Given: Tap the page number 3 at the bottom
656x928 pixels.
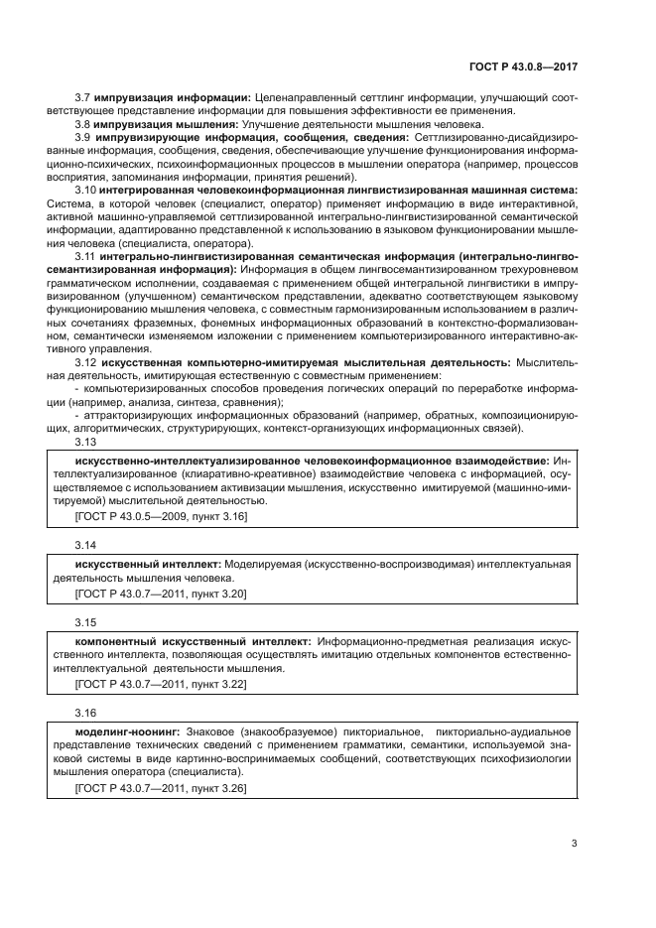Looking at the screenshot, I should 574,845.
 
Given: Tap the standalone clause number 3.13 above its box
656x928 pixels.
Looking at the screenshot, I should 85,444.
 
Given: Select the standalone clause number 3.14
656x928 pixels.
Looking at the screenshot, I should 85,545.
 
